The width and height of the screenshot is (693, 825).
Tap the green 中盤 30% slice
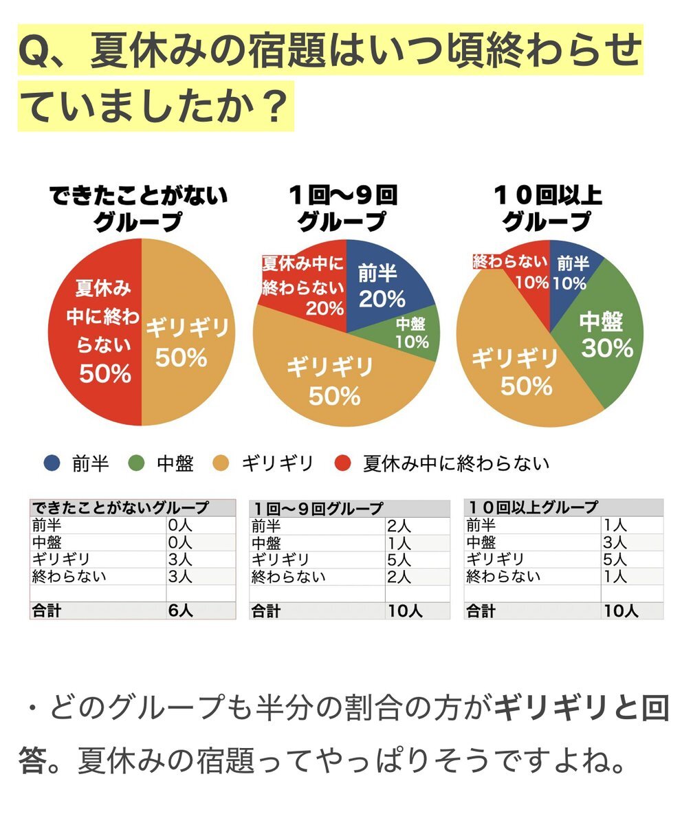pos(602,337)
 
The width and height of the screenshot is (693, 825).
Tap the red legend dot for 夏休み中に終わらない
pos(340,463)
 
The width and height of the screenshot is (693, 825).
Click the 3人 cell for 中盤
pos(615,542)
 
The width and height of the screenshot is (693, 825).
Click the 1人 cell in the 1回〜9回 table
pos(399,542)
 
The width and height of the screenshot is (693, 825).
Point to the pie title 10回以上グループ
pos(548,208)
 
